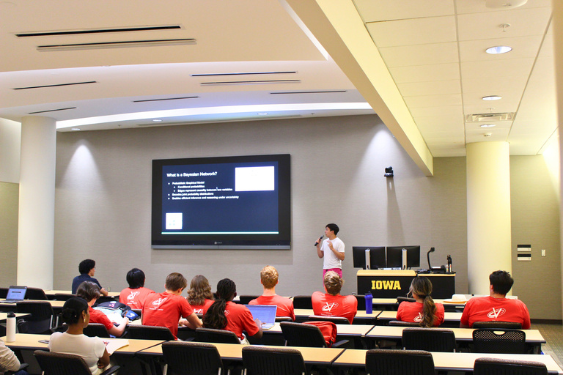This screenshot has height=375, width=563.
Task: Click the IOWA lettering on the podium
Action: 386,285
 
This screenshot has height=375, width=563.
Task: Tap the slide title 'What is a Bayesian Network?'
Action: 191,174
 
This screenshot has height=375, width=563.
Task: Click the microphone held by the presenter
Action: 319,240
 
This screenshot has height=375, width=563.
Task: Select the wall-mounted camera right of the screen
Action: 389,171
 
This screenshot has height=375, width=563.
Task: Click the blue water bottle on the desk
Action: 369,302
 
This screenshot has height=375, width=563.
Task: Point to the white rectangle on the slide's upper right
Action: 254,179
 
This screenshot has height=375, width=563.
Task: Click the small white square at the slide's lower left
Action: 174,220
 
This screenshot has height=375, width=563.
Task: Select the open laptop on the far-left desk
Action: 16,294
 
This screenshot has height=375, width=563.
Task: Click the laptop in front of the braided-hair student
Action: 262,314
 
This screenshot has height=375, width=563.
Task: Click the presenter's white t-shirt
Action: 334,253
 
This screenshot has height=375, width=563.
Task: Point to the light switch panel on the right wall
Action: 523,252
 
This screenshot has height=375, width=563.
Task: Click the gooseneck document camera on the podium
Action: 431,258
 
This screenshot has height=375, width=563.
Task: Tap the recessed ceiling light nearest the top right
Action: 498,50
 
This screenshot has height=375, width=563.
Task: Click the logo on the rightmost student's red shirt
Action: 496,313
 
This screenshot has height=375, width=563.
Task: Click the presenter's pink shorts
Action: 332,272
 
